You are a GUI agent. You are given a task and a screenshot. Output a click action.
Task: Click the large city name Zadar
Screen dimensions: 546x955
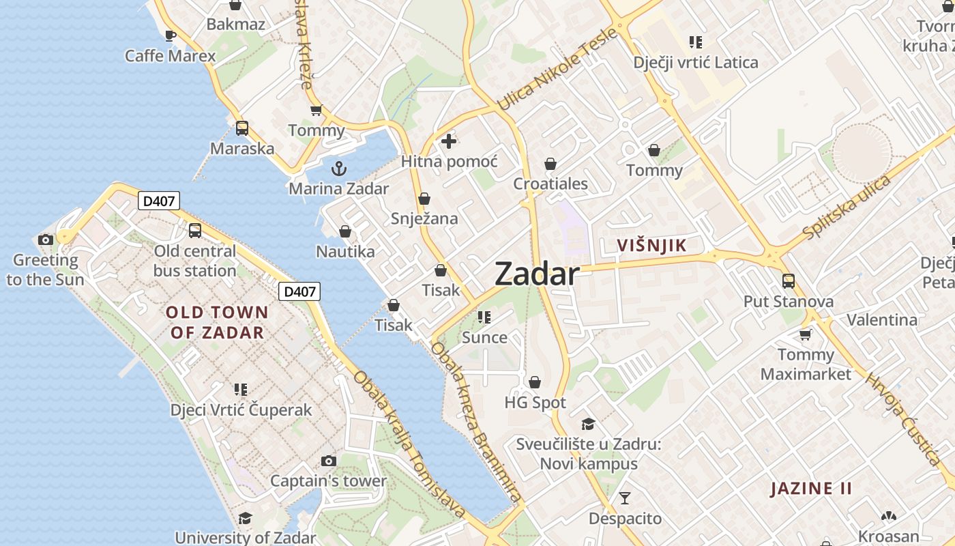click(537, 274)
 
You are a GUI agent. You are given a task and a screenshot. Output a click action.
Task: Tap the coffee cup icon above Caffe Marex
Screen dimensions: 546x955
click(171, 35)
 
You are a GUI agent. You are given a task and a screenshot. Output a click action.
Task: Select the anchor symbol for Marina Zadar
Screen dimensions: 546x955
click(338, 169)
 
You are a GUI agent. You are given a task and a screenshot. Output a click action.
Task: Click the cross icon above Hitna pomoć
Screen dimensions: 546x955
click(449, 141)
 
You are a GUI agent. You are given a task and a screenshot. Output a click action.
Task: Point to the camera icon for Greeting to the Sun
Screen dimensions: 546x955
click(46, 240)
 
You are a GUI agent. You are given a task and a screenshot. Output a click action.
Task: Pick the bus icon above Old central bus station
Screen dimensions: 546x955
click(195, 231)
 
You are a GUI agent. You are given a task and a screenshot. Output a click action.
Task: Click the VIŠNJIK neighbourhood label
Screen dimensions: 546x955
click(651, 246)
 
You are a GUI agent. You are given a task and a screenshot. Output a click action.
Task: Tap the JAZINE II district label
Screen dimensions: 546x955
click(812, 489)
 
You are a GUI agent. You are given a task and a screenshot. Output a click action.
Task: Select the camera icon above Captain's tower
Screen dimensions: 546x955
click(329, 461)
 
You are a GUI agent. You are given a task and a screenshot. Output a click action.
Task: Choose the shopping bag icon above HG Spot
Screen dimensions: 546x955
click(535, 382)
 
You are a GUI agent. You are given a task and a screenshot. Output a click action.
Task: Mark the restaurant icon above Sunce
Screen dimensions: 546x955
click(485, 317)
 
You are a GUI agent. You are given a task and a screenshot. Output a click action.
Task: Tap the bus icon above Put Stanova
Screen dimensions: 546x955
click(789, 281)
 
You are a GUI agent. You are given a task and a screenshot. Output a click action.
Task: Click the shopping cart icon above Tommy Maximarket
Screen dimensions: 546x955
click(806, 334)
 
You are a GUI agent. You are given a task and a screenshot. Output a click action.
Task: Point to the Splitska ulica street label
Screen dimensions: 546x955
click(847, 207)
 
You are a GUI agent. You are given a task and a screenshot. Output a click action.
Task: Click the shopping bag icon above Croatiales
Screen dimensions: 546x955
click(550, 164)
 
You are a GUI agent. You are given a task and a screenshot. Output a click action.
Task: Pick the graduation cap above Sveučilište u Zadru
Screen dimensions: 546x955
click(588, 425)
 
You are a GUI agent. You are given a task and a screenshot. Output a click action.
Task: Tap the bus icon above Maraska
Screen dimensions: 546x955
click(241, 128)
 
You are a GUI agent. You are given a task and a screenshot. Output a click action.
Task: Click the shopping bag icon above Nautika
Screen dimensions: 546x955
click(345, 231)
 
